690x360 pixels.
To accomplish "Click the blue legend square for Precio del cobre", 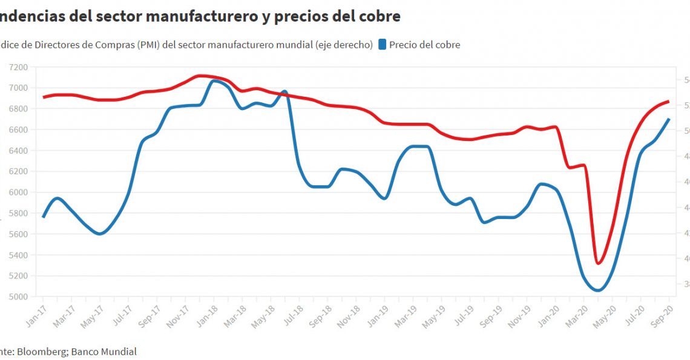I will pos(383,44).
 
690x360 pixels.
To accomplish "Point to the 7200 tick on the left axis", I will pos(18,67).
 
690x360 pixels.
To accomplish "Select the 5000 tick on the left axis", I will pos(18,296).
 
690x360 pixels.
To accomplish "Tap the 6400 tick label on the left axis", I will pos(18,151).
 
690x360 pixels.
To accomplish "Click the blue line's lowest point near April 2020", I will pos(598,290).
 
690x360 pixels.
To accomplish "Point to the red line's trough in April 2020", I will pos(598,263).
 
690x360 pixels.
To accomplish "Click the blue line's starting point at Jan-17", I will pos(44,217).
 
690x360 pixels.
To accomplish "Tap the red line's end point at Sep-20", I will pos(669,101).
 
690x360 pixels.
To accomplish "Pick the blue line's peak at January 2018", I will pos(214,80).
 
